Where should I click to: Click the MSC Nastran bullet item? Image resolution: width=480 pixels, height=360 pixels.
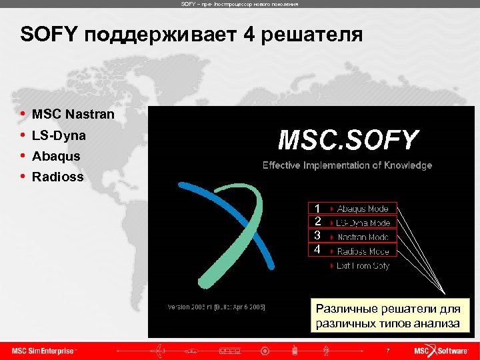[x=73, y=115]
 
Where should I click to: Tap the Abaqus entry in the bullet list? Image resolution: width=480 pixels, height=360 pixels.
[x=56, y=156]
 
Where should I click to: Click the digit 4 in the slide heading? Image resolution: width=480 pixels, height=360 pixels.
[x=249, y=35]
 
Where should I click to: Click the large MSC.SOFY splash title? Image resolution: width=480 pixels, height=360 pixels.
[x=347, y=141]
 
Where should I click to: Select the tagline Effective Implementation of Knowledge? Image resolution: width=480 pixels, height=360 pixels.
[x=347, y=165]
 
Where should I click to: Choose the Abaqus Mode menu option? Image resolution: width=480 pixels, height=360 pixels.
[x=362, y=209]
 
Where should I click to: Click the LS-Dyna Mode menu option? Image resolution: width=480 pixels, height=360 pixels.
[x=362, y=223]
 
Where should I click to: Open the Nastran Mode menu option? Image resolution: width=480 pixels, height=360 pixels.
[x=362, y=237]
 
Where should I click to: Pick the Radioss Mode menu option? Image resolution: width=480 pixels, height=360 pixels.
[x=362, y=251]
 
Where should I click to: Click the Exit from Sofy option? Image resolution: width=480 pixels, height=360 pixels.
[x=362, y=265]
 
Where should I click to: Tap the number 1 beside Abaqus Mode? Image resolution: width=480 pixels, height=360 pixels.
[x=317, y=209]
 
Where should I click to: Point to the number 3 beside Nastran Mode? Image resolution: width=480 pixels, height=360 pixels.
[x=317, y=236]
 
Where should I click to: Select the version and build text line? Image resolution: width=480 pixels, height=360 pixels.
[x=216, y=307]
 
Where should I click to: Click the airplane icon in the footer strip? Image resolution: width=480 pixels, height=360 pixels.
[x=158, y=350]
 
